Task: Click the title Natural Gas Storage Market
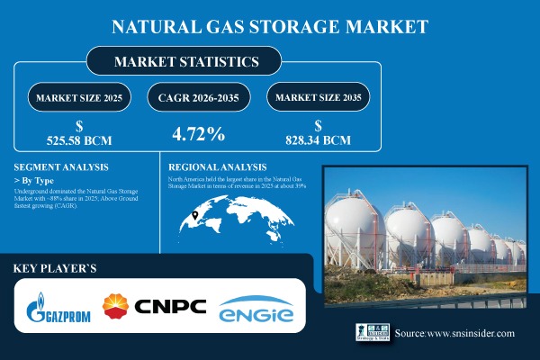click(269, 26)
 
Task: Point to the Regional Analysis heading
click(218, 167)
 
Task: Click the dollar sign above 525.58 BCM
click(80, 126)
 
